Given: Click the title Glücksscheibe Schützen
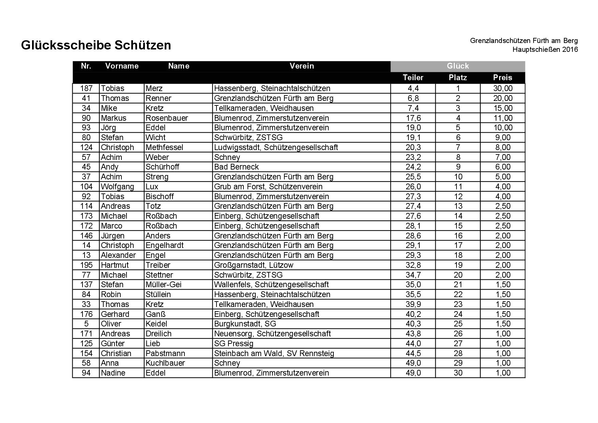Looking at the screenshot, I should point(96,45).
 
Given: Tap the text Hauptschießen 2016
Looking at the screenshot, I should point(545,50).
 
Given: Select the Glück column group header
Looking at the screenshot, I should point(458,66).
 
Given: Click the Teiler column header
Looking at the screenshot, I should point(413,78).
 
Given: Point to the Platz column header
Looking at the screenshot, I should point(458,78).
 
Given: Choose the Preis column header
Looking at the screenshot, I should point(503,78).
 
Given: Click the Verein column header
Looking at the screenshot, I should point(301,66).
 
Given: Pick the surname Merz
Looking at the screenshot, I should point(154,89).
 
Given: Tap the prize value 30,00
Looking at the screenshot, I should point(503,89).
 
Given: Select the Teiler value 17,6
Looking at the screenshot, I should point(413,118).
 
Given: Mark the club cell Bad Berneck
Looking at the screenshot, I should point(236,167).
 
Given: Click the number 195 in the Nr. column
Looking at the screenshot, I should point(86,265).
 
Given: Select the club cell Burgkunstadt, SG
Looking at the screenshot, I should point(245,324).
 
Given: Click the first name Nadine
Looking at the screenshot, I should point(113,373).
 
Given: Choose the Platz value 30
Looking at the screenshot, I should point(458,373).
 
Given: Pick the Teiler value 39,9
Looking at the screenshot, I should point(413,304).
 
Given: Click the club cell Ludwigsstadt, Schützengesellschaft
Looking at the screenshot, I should point(276,147).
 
